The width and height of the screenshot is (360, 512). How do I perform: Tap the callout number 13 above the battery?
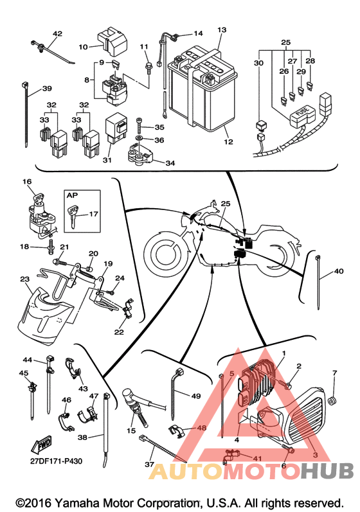(222, 30)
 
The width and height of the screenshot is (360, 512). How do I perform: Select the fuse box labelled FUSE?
(302, 116)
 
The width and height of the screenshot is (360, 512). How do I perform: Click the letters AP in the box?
(72, 195)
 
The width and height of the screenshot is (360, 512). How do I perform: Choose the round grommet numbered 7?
(332, 400)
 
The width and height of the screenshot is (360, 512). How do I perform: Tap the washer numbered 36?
(139, 139)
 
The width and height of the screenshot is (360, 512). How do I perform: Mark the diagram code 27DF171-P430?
(56, 461)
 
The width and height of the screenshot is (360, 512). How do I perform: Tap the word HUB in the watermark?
(328, 471)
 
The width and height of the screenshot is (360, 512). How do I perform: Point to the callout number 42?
(57, 33)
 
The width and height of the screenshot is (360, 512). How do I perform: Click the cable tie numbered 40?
(318, 282)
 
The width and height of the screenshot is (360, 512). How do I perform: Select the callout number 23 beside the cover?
(25, 279)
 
